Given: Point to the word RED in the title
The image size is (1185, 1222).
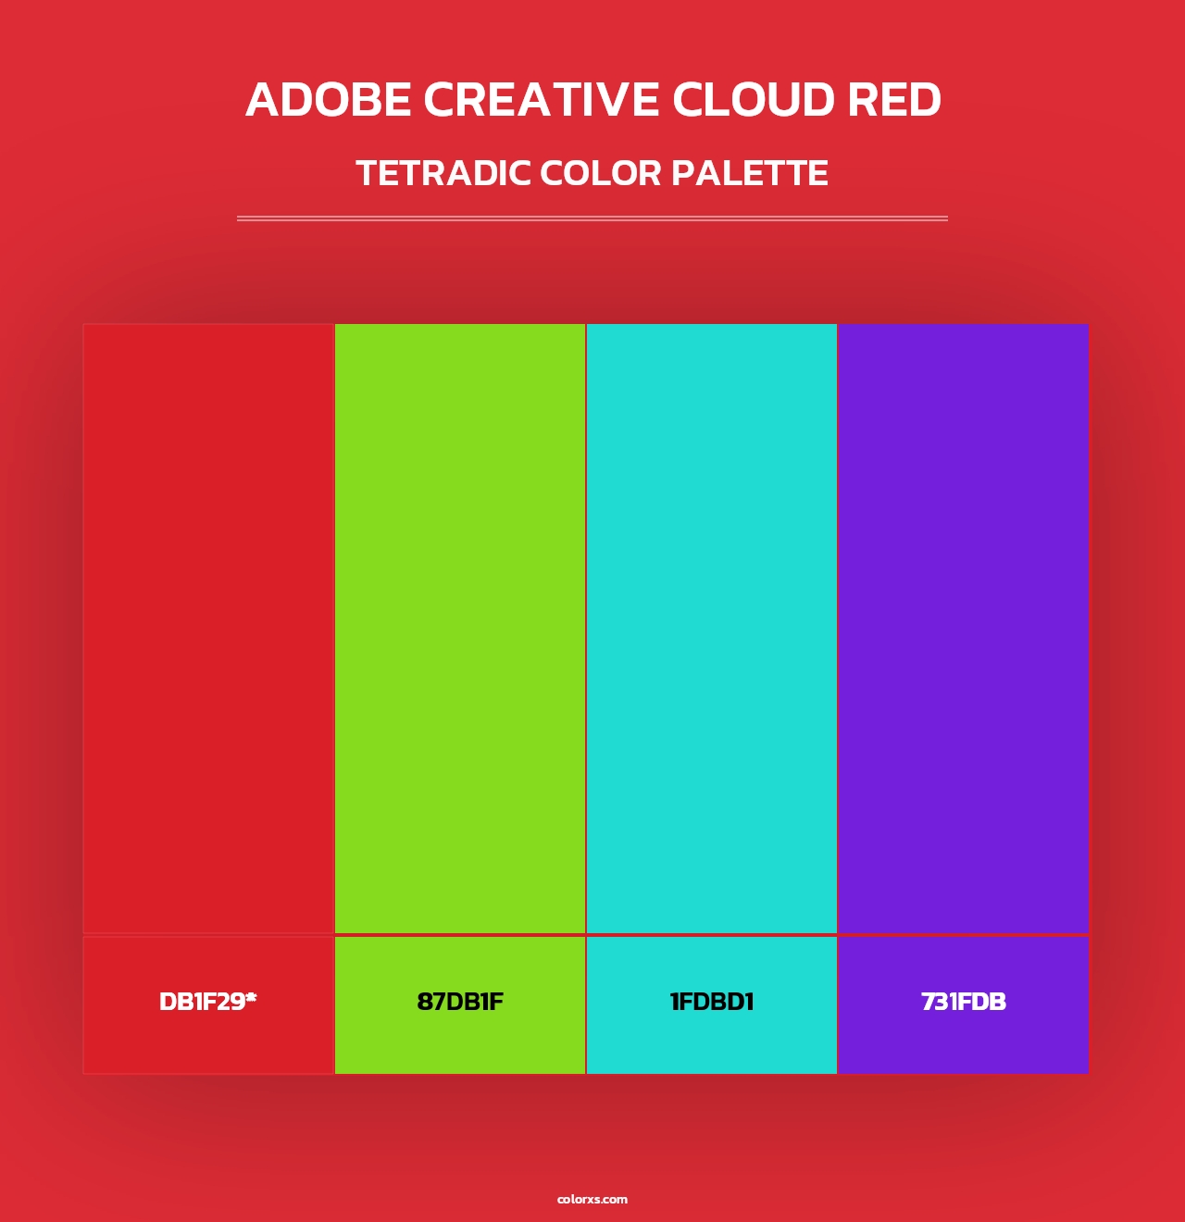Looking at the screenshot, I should [x=894, y=100].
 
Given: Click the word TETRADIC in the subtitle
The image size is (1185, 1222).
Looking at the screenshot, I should [x=443, y=173].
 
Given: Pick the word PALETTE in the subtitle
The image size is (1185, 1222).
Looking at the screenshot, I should [x=749, y=173].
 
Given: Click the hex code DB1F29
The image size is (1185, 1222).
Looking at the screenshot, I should [x=202, y=1002].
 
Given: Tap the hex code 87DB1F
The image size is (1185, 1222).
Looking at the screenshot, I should [x=460, y=1002].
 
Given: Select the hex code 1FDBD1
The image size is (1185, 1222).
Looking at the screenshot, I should [x=712, y=1002].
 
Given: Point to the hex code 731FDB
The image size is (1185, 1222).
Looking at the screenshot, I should [x=964, y=1002].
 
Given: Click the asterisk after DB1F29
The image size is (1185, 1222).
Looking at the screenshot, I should [x=251, y=997].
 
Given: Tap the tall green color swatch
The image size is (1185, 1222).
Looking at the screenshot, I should [x=460, y=628].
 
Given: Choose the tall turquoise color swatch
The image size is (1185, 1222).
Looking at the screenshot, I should [x=712, y=628].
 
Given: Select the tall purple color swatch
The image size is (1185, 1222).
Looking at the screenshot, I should [x=964, y=628].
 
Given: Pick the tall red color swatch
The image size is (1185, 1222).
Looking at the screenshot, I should [x=208, y=628].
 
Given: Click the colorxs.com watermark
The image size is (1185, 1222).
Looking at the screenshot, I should [x=592, y=1199].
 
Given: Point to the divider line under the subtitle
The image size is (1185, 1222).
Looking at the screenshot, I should [x=592, y=218].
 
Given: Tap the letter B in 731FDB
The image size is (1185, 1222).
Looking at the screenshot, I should [x=998, y=1002].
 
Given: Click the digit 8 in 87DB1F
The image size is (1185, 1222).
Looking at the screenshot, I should [x=424, y=1002].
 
